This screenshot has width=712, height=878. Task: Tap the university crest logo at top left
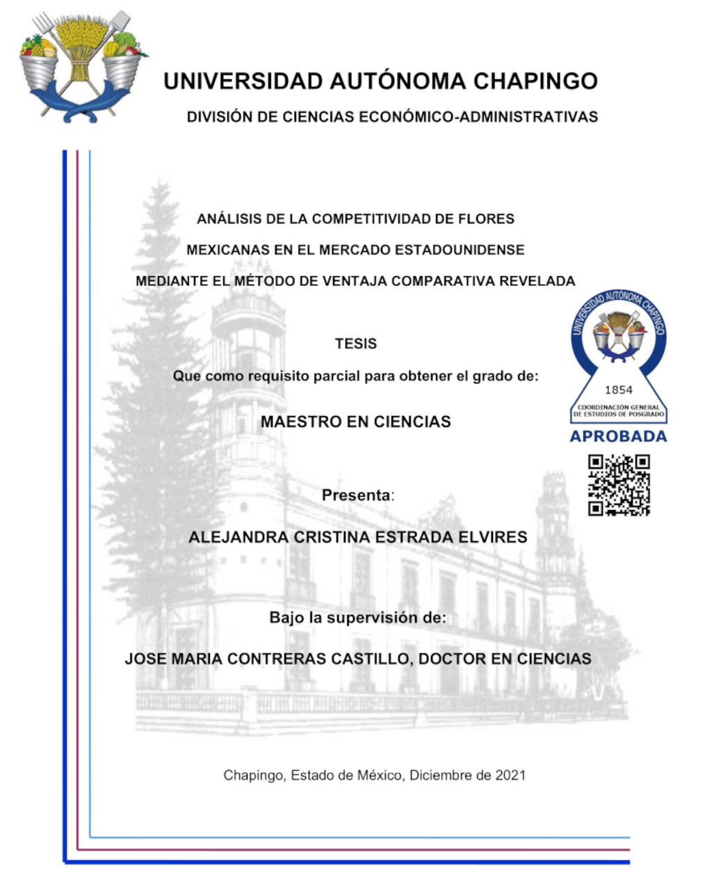click(x=81, y=67)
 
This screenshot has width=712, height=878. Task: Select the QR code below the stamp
click(x=619, y=485)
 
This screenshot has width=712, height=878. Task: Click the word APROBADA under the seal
click(x=618, y=436)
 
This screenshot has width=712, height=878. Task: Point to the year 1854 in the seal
click(x=618, y=390)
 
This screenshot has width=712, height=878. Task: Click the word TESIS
click(x=356, y=344)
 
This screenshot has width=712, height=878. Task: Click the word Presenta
click(x=356, y=495)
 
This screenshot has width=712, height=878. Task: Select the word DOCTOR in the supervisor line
click(x=453, y=659)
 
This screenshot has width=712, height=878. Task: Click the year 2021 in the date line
click(x=510, y=775)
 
